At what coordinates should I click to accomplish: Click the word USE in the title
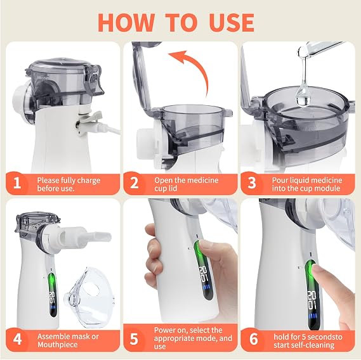tap(232, 23)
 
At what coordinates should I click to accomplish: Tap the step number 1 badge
tap(17, 183)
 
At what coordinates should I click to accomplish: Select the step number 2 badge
tap(135, 183)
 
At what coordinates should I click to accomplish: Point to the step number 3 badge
tap(252, 183)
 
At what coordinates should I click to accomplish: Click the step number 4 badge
tap(18, 339)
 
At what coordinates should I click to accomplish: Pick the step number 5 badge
tap(135, 339)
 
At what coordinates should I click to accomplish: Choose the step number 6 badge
tap(254, 339)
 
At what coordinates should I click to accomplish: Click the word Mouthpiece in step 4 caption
tap(58, 345)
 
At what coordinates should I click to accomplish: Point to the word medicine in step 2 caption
tap(202, 180)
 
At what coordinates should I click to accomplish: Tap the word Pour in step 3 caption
tap(279, 180)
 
